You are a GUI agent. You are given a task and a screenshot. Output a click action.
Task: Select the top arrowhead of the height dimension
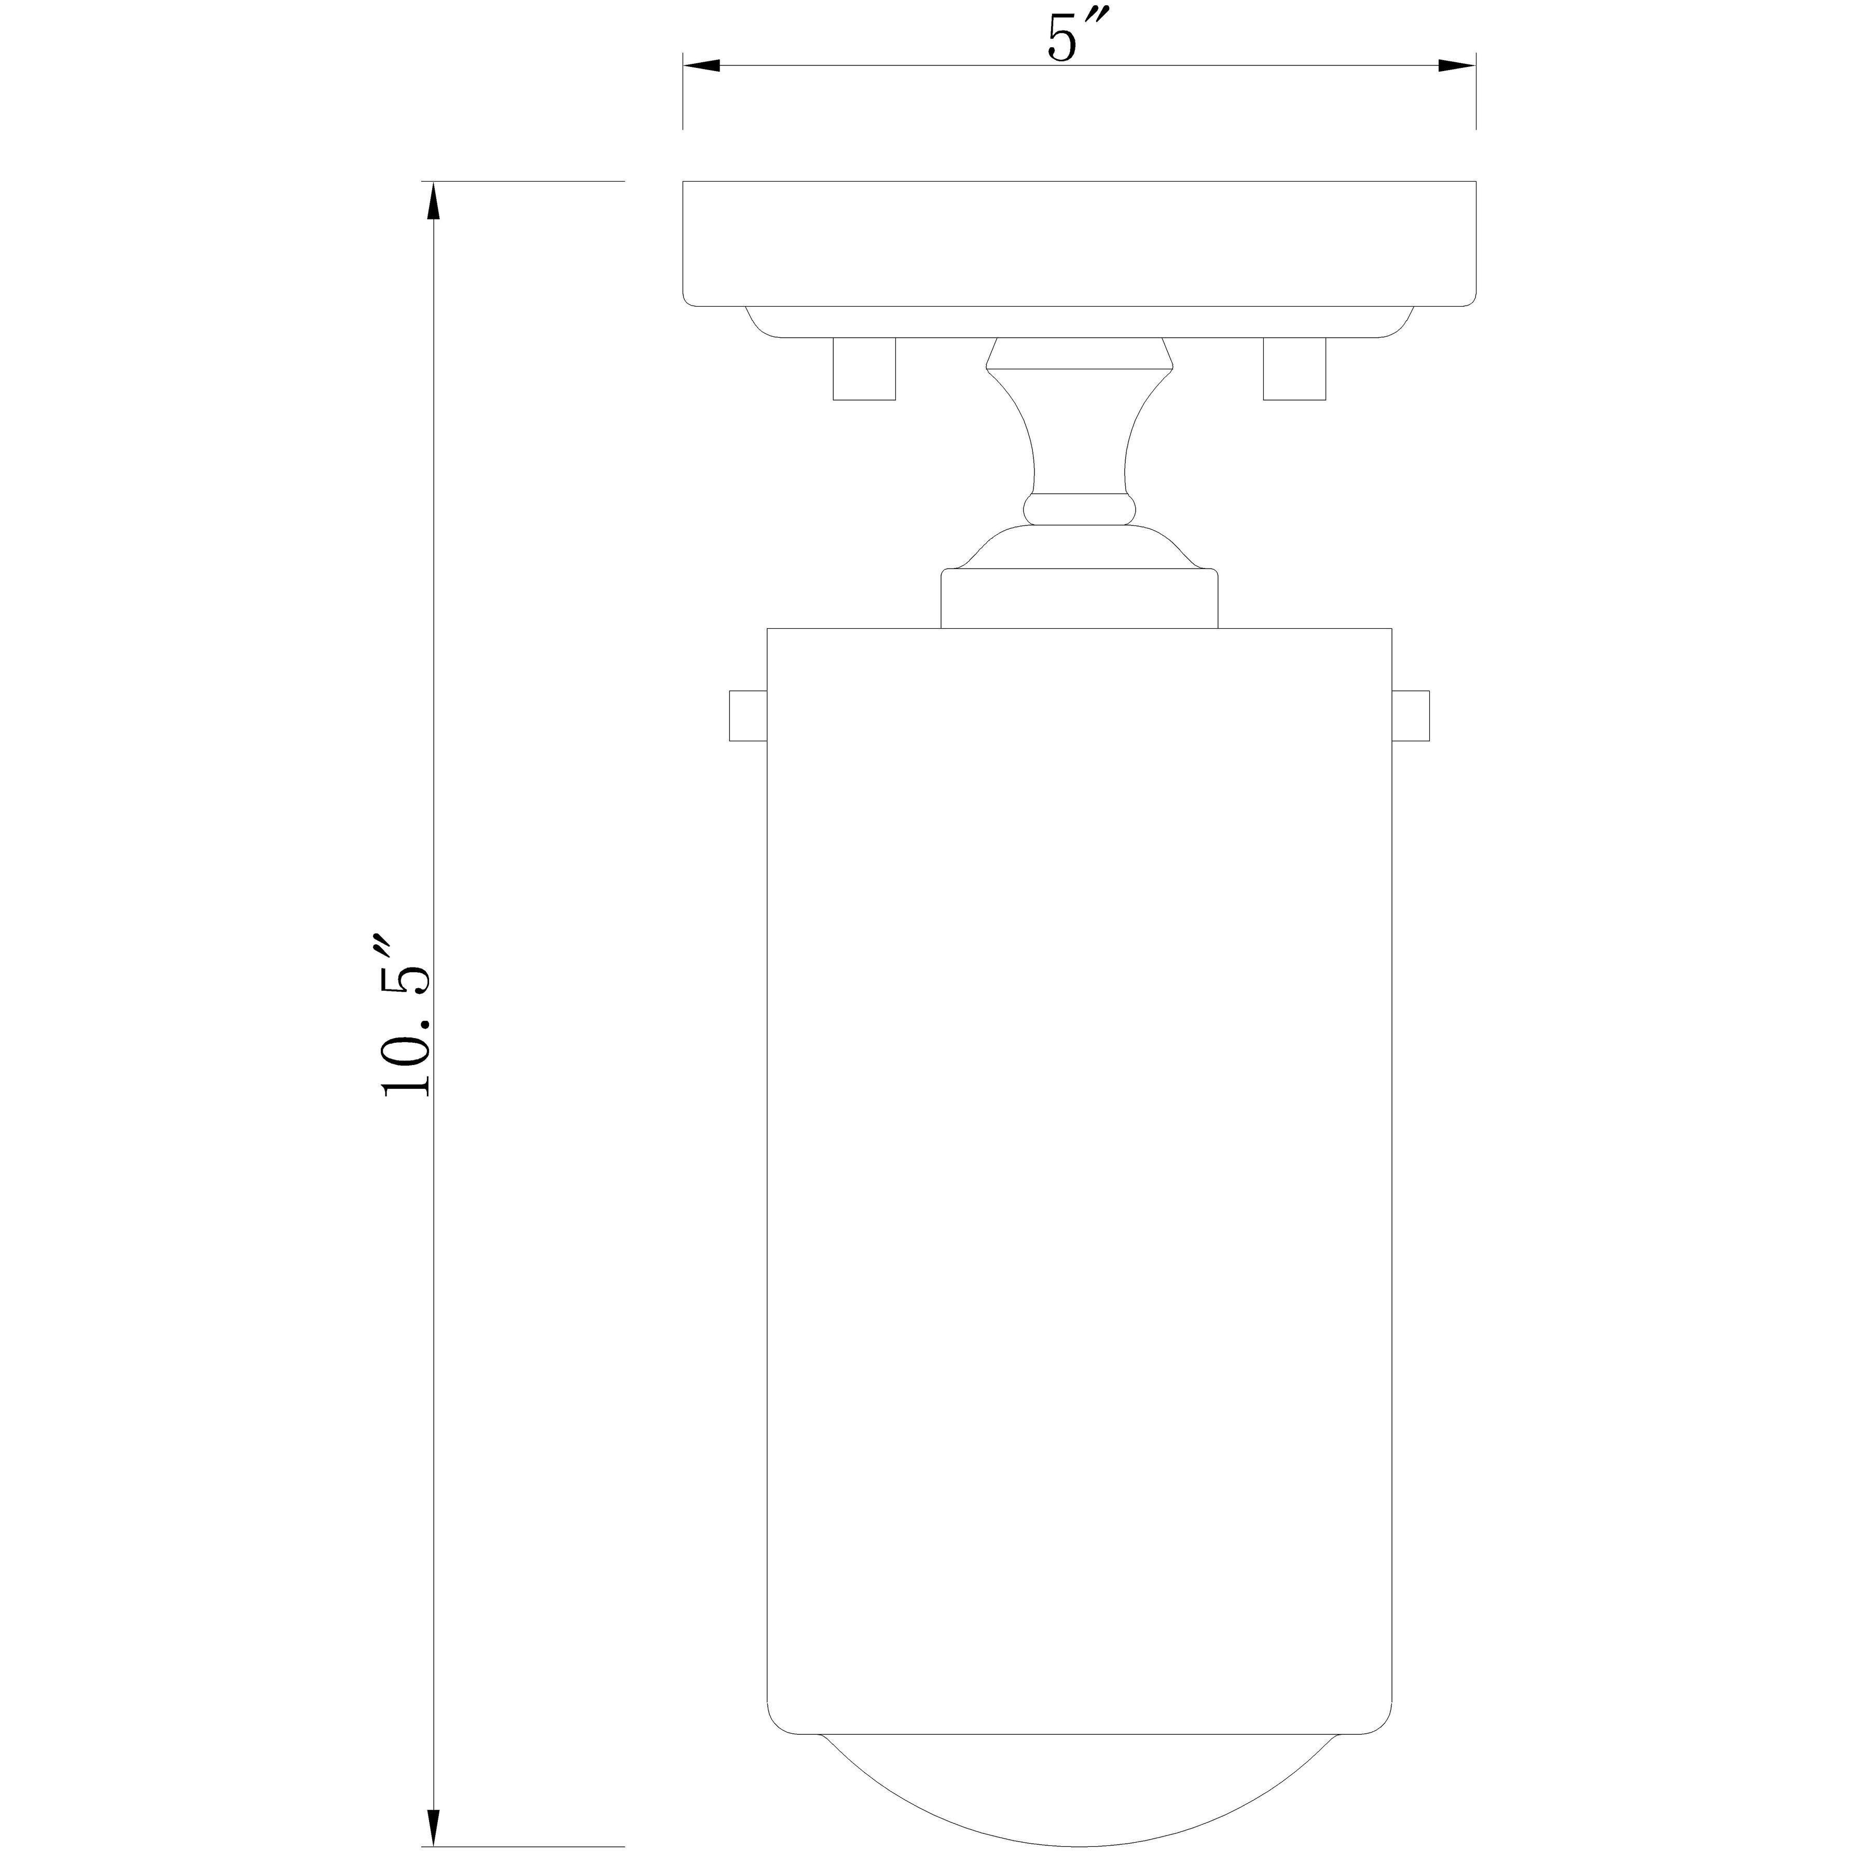(x=433, y=203)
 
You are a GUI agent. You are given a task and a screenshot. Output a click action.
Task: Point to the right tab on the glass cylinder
(x=1410, y=715)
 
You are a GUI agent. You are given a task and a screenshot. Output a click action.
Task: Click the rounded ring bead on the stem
(x=1079, y=509)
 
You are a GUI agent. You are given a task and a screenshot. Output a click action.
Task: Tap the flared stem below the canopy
(x=1079, y=431)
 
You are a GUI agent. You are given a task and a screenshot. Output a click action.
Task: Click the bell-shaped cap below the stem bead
(x=1079, y=548)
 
